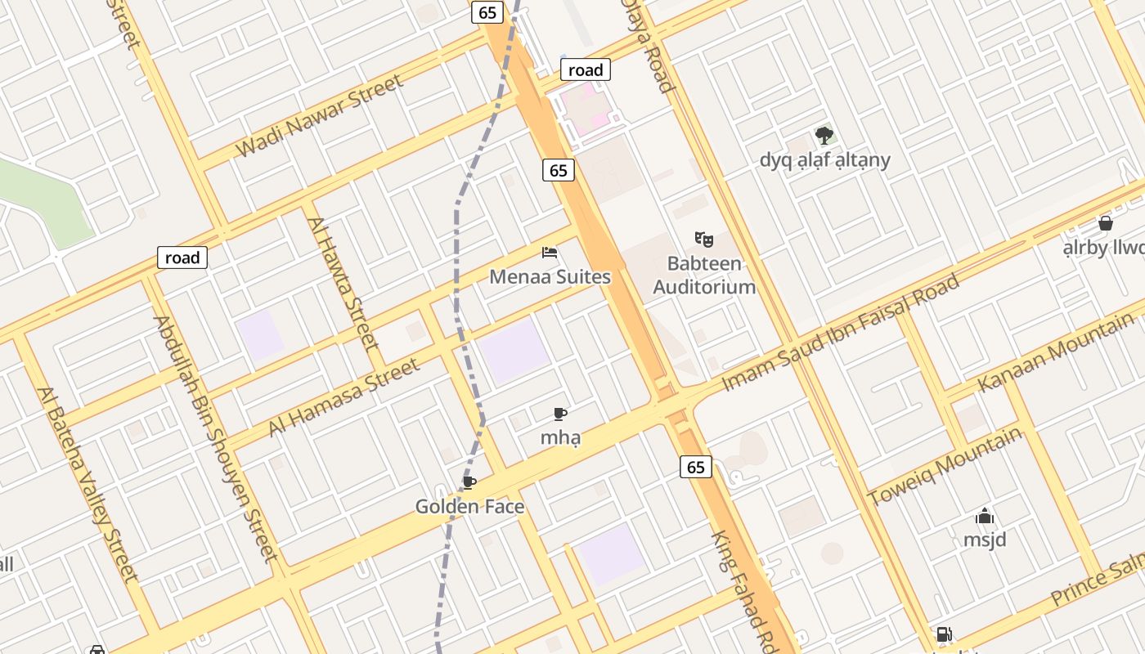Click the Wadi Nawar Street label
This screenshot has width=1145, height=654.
coord(319,116)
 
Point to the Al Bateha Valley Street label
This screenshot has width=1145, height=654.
coord(88,483)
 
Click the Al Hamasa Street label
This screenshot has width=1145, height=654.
coord(344,397)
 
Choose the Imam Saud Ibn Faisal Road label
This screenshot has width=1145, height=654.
coord(841,333)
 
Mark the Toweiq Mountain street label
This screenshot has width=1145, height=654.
coord(945,467)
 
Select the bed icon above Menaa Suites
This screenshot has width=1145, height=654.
coord(550,253)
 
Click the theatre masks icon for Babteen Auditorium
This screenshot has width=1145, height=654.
coord(703,239)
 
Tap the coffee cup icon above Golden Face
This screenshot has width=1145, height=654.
coord(469,482)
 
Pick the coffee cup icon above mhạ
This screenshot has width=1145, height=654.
coord(560,414)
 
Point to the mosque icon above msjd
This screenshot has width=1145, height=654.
coord(985,516)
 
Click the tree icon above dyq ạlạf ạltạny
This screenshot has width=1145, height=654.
coord(824,135)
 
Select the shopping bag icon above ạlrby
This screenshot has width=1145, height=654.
coord(1106,223)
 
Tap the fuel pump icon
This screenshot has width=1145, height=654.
coord(944,634)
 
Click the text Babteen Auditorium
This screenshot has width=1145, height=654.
coord(703,275)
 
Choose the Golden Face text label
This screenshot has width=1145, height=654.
coord(469,507)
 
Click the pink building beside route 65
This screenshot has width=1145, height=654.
coord(590,113)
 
